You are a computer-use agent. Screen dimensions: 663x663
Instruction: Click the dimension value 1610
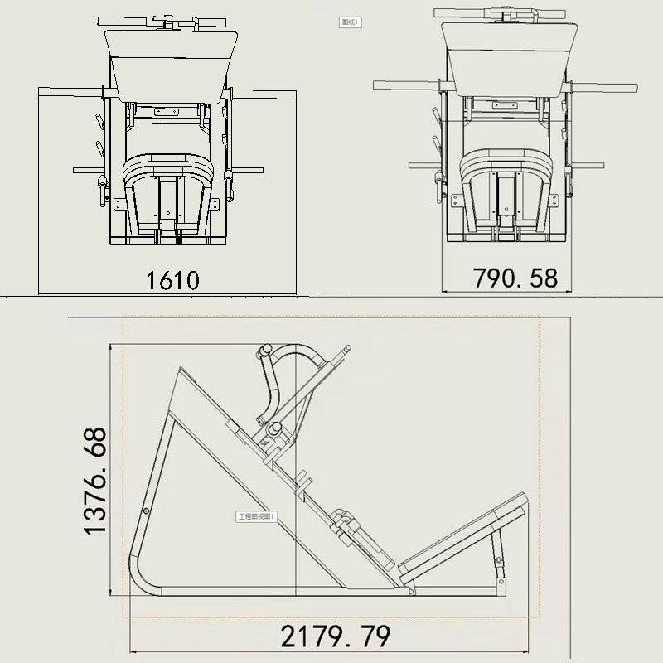pyautogui.click(x=173, y=280)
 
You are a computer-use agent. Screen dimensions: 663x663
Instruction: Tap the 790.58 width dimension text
pyautogui.click(x=515, y=278)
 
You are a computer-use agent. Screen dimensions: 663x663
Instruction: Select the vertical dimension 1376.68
pyautogui.click(x=95, y=481)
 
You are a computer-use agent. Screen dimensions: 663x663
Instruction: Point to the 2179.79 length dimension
pyautogui.click(x=335, y=636)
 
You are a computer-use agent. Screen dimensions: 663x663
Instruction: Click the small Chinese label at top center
pyautogui.click(x=350, y=22)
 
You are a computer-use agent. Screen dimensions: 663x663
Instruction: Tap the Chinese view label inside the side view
pyautogui.click(x=256, y=516)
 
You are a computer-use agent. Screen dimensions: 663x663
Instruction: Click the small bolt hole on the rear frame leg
pyautogui.click(x=146, y=511)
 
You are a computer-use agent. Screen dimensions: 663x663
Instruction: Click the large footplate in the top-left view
pyautogui.click(x=172, y=62)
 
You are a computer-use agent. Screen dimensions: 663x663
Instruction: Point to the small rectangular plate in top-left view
pyautogui.click(x=167, y=110)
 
